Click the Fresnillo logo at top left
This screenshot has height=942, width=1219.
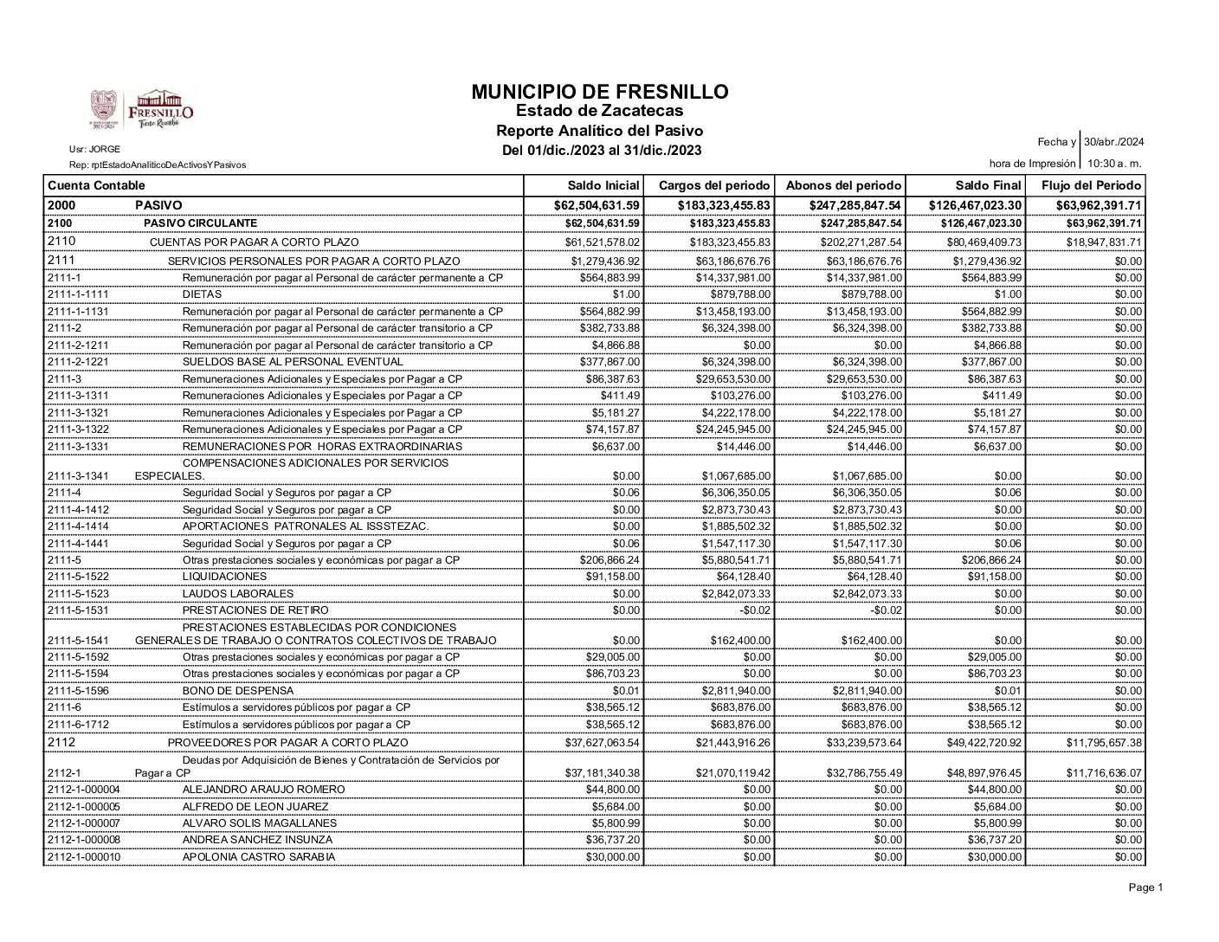point(143,109)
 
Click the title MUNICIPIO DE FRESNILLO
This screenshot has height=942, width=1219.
point(600,92)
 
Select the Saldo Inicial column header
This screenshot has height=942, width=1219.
point(603,185)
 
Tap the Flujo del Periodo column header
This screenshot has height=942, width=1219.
point(1091,185)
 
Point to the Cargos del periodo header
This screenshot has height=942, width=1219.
point(714,185)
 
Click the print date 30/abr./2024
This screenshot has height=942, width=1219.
point(1114,142)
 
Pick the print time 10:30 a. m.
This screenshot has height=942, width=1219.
point(1114,163)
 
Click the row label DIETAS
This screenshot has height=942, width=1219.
point(202,294)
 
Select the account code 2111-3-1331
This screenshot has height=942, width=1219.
point(78,447)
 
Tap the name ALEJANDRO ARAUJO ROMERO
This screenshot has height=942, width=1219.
point(263,790)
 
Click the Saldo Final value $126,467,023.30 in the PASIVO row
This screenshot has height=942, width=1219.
point(975,205)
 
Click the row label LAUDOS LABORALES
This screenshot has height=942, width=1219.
point(237,594)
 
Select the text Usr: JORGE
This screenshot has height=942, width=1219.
point(94,149)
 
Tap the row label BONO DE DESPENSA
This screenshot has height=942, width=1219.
point(237,691)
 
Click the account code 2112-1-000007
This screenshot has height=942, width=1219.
point(83,823)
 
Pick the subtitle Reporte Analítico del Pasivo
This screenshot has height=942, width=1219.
point(599,131)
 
